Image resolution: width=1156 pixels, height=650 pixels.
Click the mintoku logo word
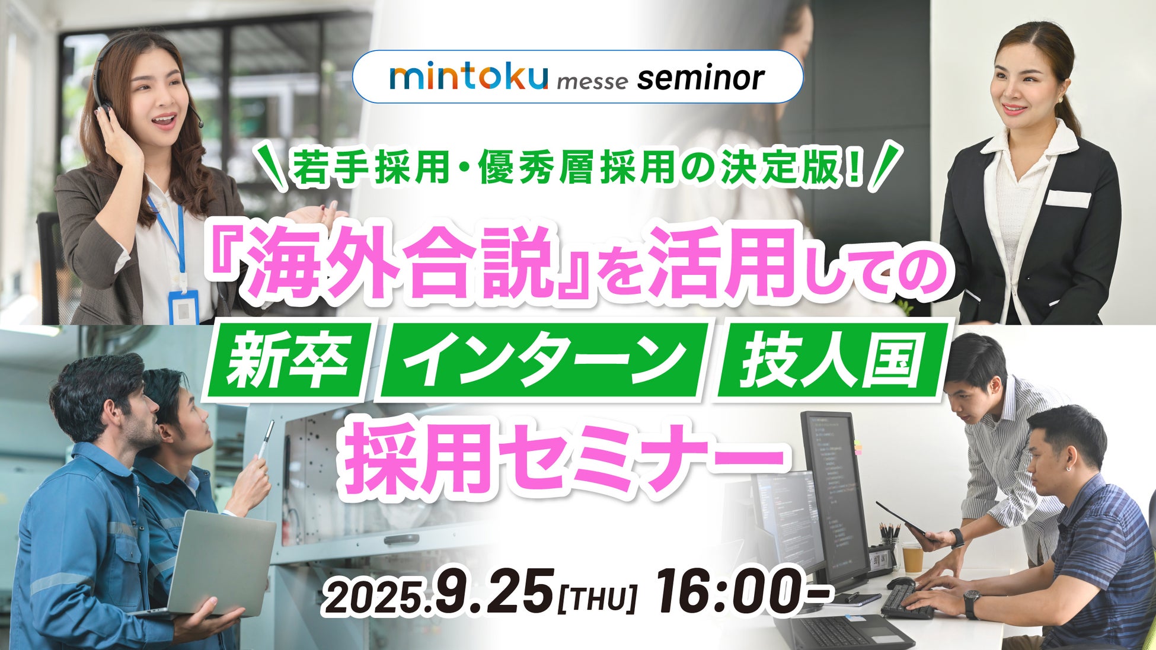pos(468,78)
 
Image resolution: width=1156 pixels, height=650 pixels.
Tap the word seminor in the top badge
pos(701,78)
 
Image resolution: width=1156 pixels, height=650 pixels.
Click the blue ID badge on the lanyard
pos(183,306)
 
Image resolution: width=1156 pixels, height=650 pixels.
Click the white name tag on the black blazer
pos(1067,198)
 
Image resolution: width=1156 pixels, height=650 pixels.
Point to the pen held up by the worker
pos(265,438)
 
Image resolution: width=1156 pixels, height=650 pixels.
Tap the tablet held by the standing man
pos(905,521)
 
